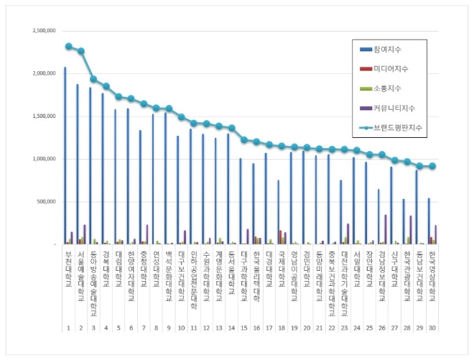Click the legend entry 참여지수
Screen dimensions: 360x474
click(x=387, y=50)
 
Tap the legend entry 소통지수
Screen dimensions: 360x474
click(x=387, y=89)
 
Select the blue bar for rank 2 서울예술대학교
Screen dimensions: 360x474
click(x=78, y=165)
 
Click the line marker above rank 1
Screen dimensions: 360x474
click(x=68, y=46)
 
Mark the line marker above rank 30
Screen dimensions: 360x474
click(x=432, y=166)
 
